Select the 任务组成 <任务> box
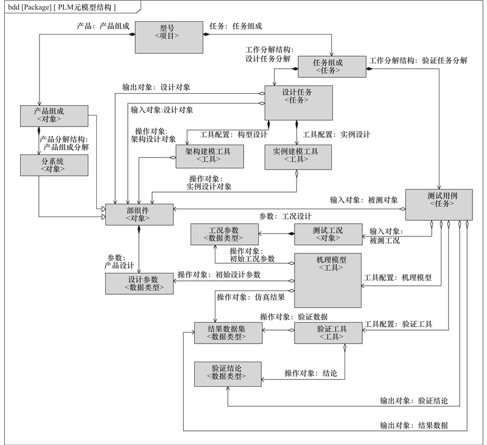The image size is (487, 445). coord(328,66)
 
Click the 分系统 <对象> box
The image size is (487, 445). coord(54,164)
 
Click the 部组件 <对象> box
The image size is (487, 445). coord(139,214)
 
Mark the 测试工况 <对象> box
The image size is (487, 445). coord(328,235)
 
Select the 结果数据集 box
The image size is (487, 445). coord(228,333)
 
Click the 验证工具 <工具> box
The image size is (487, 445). coord(328,333)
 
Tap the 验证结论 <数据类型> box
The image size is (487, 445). coord(228,373)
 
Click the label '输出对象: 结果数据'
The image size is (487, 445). coord(414,425)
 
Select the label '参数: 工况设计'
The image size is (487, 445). coord(286,216)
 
